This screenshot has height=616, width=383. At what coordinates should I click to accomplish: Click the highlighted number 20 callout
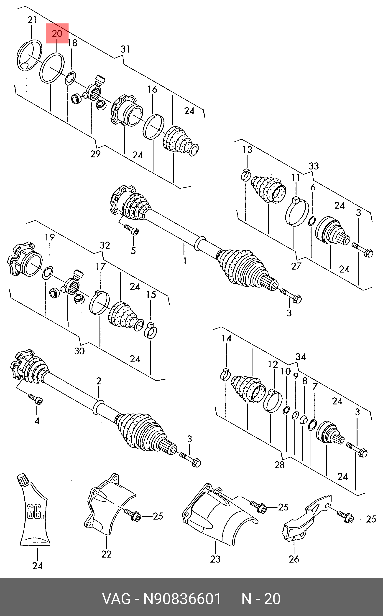(x=57, y=34)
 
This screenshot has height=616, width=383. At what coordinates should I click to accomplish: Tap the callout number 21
(x=32, y=20)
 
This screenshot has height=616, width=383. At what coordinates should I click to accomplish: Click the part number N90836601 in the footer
(x=182, y=599)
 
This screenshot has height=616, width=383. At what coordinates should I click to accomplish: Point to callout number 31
(x=125, y=49)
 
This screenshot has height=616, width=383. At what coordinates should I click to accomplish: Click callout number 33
(x=314, y=166)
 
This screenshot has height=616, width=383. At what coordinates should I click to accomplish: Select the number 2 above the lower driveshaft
(x=99, y=381)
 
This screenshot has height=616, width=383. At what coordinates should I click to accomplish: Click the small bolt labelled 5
(x=132, y=230)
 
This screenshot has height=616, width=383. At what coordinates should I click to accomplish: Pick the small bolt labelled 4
(x=36, y=400)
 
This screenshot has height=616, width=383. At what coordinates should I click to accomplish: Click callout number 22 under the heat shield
(x=106, y=554)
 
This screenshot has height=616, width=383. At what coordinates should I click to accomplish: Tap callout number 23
(x=215, y=559)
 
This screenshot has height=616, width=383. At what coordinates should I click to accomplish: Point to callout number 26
(x=294, y=559)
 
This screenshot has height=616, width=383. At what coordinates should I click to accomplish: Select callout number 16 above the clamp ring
(x=153, y=89)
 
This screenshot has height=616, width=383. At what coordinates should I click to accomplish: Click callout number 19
(x=50, y=237)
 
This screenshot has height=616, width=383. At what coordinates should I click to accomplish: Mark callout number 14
(x=227, y=338)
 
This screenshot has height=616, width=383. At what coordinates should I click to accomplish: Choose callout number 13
(x=248, y=150)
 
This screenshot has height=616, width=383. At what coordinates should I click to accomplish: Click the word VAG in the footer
(x=116, y=599)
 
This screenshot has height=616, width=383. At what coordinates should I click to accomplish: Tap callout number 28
(x=280, y=465)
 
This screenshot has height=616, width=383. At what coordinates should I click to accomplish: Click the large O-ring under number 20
(x=53, y=68)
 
